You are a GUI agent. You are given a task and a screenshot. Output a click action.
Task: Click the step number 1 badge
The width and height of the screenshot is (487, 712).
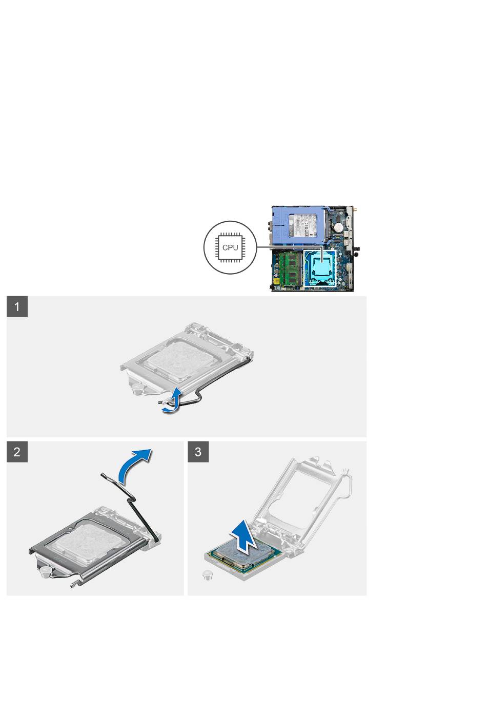17,307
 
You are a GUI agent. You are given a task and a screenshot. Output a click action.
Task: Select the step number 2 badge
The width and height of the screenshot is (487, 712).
17,452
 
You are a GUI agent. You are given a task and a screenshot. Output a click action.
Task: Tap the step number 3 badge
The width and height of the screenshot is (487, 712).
198,452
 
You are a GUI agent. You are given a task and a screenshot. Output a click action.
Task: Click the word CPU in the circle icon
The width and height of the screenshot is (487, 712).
230,247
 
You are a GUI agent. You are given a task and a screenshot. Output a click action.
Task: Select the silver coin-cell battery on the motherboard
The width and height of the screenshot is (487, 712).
339,226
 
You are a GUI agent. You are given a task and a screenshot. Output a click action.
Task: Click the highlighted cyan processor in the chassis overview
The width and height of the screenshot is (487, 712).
320,266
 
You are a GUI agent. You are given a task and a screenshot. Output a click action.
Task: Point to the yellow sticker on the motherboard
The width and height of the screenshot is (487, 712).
276,281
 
